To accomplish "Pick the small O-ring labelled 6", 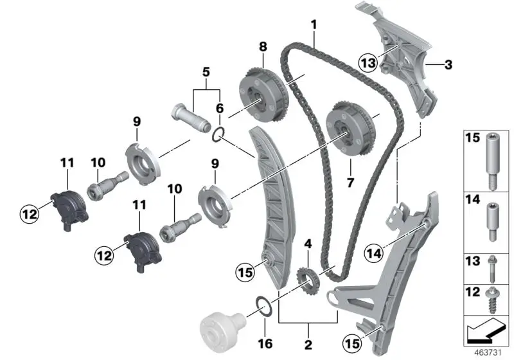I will click(x=218, y=134).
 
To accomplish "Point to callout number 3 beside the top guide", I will click(x=448, y=65).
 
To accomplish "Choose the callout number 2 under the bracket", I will click(x=309, y=343).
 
